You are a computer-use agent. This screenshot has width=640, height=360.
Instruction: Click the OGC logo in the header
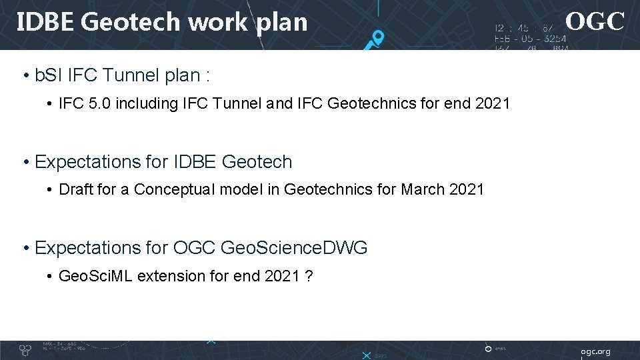595,21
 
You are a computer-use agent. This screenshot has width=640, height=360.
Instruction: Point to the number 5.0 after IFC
99,103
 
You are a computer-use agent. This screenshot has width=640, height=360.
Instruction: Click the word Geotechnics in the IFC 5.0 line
367,103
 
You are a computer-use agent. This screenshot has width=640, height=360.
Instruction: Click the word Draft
77,189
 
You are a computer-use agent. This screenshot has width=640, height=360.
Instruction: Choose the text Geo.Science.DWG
293,247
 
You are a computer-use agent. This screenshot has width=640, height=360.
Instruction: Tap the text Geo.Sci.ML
96,275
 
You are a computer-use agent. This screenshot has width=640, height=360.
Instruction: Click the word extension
166,275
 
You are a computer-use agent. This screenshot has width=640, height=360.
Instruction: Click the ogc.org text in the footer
595,351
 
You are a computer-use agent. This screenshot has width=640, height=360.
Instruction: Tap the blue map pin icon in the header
377,39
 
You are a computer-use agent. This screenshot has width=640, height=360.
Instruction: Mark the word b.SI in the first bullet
49,76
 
